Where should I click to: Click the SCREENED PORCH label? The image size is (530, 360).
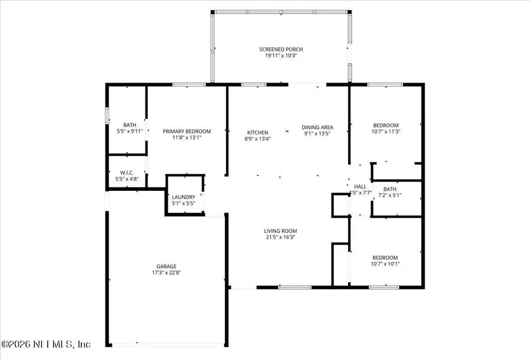click(x=280, y=49)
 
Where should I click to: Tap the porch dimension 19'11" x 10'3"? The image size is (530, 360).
click(x=280, y=55)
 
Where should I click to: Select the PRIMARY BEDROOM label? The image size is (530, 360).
click(x=187, y=131)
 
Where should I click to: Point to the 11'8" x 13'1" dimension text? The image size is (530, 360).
click(x=187, y=138)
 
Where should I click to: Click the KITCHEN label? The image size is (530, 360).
click(x=257, y=133)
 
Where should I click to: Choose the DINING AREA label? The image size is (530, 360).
click(x=317, y=127)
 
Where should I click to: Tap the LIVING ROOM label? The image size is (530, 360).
click(x=280, y=231)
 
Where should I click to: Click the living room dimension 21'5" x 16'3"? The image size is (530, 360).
click(x=280, y=237)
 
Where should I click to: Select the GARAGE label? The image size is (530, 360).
click(x=166, y=266)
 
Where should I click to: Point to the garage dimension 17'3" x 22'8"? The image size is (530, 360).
click(x=166, y=273)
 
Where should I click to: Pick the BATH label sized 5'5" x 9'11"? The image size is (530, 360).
click(x=130, y=125)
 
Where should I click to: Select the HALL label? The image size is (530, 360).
click(x=360, y=186)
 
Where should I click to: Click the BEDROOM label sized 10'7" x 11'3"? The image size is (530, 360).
click(x=386, y=125)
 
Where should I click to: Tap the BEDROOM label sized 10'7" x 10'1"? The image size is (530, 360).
click(x=385, y=257)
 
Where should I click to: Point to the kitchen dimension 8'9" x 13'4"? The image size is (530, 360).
click(x=257, y=139)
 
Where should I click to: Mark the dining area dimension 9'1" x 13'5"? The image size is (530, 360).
click(x=317, y=134)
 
